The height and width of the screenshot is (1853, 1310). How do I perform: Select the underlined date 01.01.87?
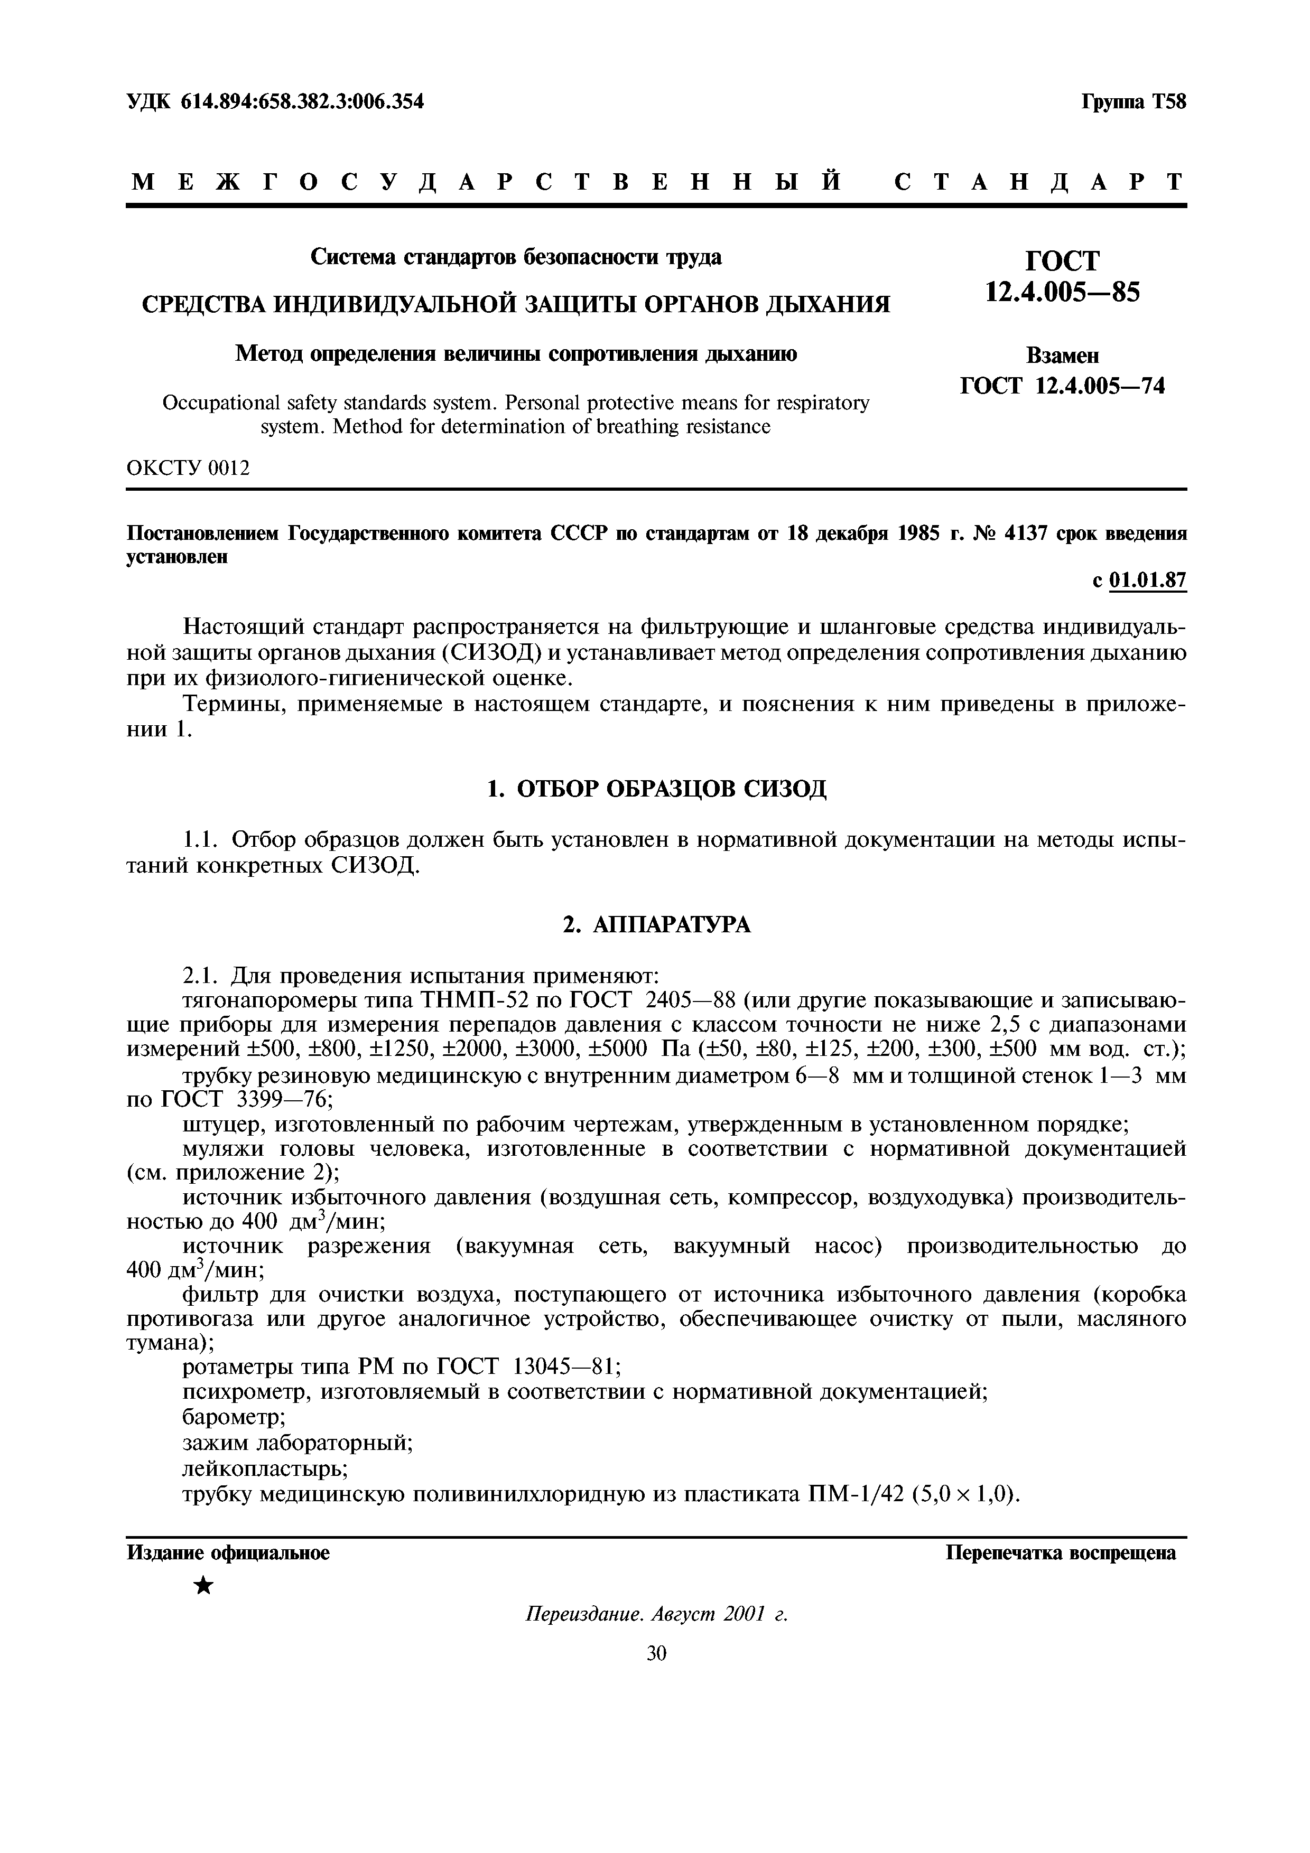pyautogui.click(x=1148, y=581)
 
